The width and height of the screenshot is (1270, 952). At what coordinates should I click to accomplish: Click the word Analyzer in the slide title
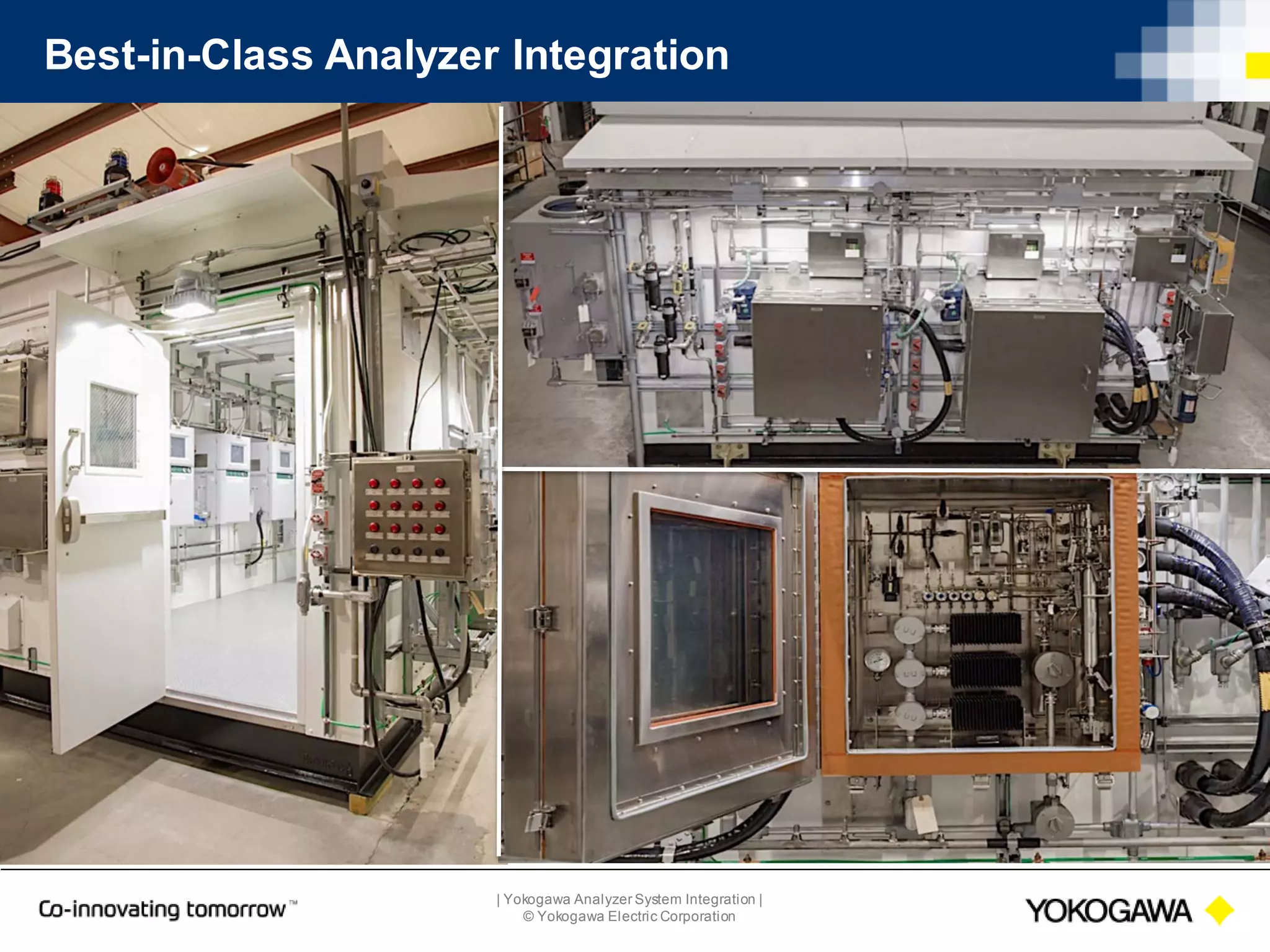pyautogui.click(x=411, y=56)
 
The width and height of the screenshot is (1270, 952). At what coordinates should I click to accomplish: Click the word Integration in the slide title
pyautogui.click(x=620, y=56)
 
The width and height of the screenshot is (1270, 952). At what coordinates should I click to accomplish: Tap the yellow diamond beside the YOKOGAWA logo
pyautogui.click(x=1219, y=910)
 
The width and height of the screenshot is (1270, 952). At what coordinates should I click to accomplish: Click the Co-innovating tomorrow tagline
pyautogui.click(x=162, y=909)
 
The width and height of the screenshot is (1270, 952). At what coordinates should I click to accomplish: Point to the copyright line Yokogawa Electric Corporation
pyautogui.click(x=629, y=917)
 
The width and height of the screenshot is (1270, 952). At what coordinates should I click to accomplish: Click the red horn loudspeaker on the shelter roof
pyautogui.click(x=163, y=164)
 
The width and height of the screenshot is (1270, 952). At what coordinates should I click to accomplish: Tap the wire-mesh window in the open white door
pyautogui.click(x=112, y=426)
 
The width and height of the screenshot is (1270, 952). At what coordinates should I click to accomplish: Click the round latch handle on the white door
pyautogui.click(x=69, y=518)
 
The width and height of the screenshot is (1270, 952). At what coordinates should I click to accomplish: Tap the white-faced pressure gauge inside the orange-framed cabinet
pyautogui.click(x=877, y=661)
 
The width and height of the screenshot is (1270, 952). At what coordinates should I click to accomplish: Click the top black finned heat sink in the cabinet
pyautogui.click(x=985, y=629)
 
